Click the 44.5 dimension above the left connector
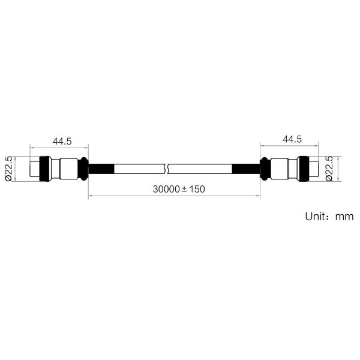coord(62,141)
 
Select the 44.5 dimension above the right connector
coord(292,139)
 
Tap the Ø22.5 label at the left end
coord(8,169)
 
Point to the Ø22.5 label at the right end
coord(329,169)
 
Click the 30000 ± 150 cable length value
coord(179,189)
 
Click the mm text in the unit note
coord(344,217)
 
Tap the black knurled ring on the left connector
coord(45,169)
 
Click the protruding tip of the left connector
coord(35,169)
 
